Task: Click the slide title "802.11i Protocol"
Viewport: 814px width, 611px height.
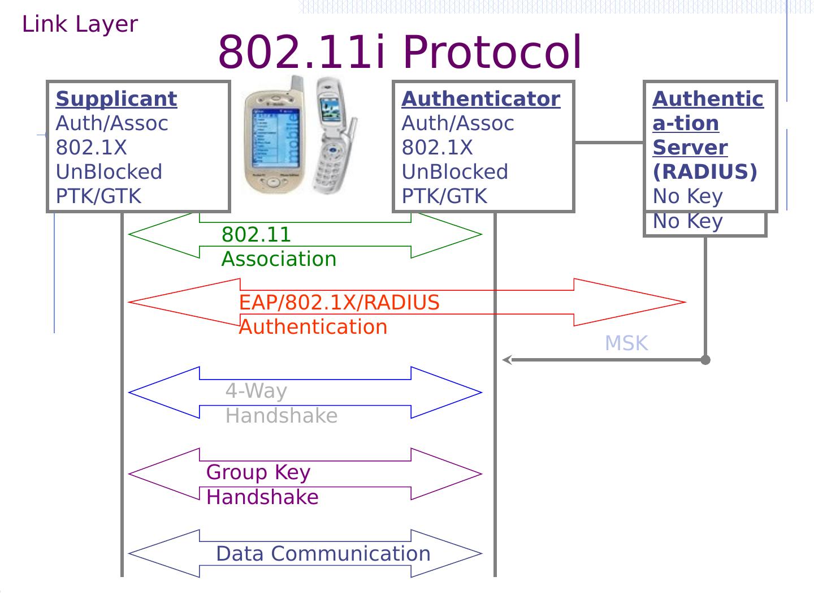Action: pos(399,52)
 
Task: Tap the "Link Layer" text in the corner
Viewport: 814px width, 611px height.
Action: pos(80,24)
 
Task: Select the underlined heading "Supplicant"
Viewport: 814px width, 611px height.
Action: pos(116,99)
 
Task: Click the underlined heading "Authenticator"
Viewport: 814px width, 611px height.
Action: pos(480,99)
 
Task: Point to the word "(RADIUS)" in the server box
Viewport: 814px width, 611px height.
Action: pos(704,172)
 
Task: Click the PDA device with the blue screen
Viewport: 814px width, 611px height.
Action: pos(273,136)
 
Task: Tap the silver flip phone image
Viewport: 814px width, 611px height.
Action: pos(334,136)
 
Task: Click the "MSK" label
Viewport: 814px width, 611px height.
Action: pos(626,343)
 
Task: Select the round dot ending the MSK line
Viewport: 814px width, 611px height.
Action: pos(705,360)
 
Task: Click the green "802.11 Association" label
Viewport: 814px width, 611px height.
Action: pos(279,247)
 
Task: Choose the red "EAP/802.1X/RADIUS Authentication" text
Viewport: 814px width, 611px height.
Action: pos(339,315)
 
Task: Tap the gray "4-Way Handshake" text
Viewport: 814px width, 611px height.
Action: pos(281,403)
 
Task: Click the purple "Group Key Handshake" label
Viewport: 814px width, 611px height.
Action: pos(262,485)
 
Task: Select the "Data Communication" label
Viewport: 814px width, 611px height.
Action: pos(323,554)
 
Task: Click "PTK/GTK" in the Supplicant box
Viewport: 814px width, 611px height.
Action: pos(98,196)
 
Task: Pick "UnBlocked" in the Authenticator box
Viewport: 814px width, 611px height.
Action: pos(454,172)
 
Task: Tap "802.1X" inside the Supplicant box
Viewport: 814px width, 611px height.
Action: pos(91,148)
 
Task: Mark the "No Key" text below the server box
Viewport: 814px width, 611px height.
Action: pos(687,221)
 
